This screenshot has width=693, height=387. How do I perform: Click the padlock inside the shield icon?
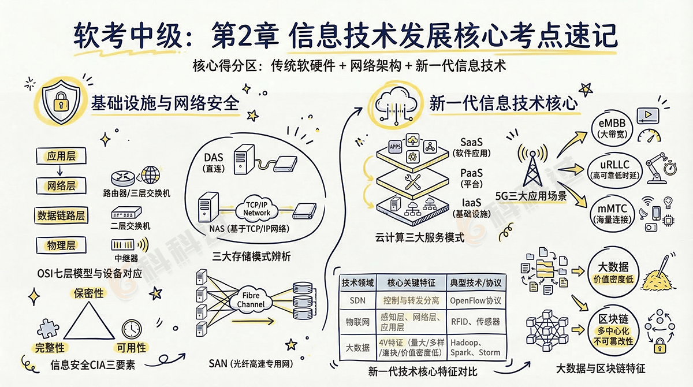pos(59,104)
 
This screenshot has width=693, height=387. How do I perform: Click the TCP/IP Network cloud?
pos(256,209)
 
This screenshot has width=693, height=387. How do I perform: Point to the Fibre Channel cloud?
pos(251,300)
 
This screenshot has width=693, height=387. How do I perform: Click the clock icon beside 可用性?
pos(132,328)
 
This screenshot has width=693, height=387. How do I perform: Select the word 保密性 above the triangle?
pos(88,293)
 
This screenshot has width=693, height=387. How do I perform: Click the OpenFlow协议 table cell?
pos(476,300)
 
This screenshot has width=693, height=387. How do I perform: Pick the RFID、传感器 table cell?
pos(476,321)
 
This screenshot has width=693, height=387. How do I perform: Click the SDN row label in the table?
pos(357,300)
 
